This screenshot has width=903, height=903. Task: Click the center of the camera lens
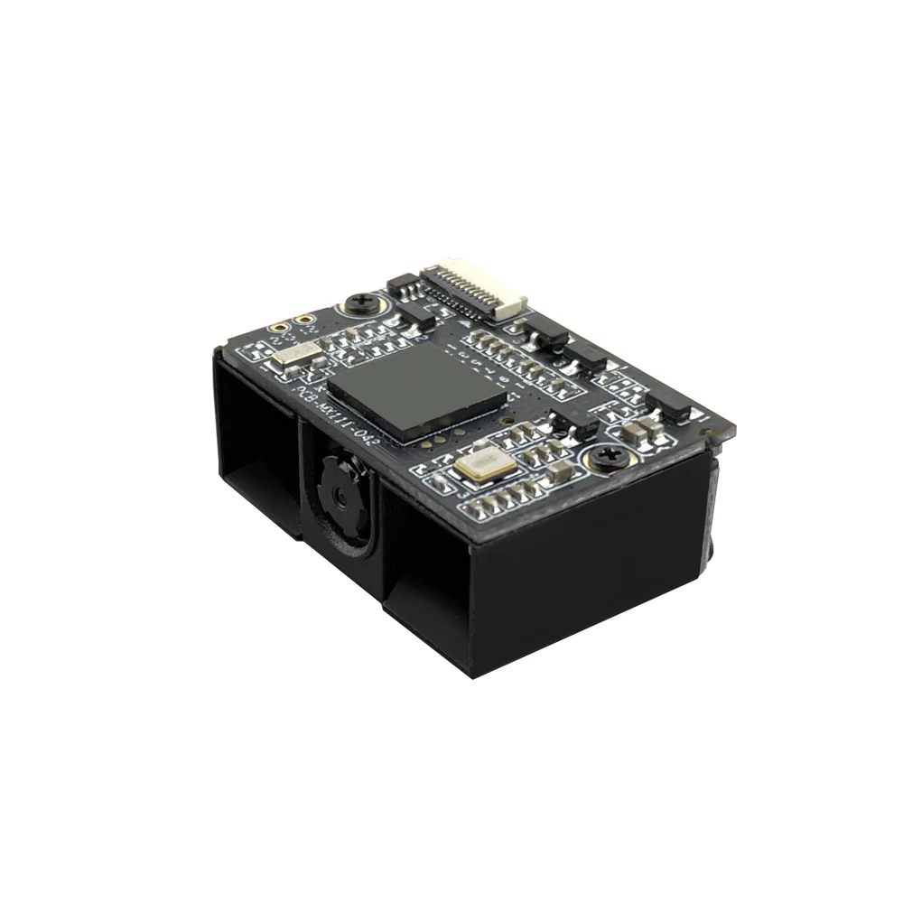340,494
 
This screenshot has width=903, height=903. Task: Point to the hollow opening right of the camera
424,578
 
